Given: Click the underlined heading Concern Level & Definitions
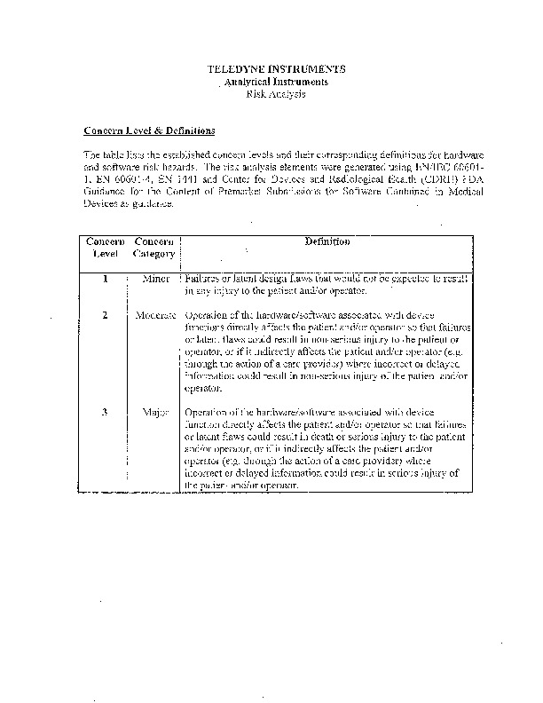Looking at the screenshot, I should tap(149, 131).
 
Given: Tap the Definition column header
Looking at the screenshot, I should tap(327, 241).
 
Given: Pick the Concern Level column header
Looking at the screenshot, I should tap(105, 248).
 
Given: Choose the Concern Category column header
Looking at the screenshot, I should tap(154, 248).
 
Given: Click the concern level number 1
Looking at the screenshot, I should tap(105, 279).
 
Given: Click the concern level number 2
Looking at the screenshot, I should tap(105, 315).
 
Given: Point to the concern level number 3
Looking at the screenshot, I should tap(105, 412).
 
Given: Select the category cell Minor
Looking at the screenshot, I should tap(155, 279).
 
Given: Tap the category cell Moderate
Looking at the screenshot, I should tap(156, 315).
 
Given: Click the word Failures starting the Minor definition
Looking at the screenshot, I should tap(203, 279).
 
